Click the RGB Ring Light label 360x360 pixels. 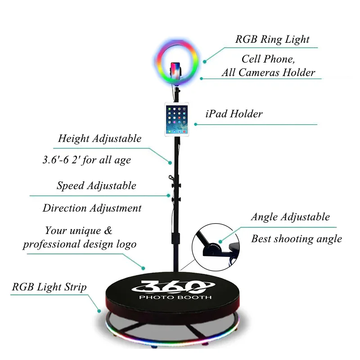[272, 40]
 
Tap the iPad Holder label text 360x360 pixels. [234, 114]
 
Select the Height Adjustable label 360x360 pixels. [99, 139]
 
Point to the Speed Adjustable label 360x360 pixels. [96, 185]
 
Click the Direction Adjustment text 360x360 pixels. [92, 208]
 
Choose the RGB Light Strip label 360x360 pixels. [49, 287]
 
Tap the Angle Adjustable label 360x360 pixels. [290, 217]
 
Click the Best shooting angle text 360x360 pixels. [297, 239]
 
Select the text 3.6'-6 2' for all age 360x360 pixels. [85, 160]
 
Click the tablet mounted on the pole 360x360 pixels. [176, 119]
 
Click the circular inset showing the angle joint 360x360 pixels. [214, 247]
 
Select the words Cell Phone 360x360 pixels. [268, 59]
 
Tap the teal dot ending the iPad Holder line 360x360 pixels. [196, 124]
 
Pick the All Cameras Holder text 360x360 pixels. [268, 72]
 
